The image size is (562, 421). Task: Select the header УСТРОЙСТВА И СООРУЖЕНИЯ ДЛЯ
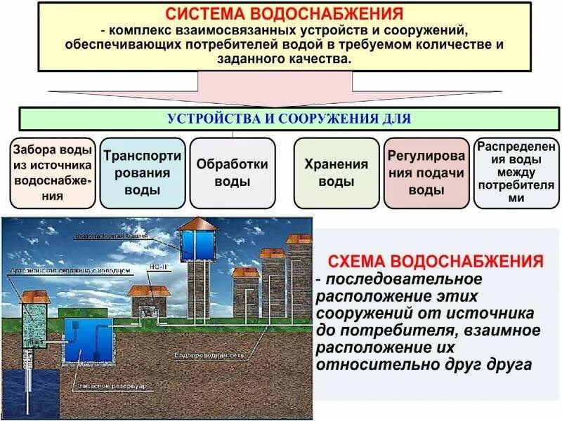coord(288,119)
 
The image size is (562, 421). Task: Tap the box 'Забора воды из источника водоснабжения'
coord(53,173)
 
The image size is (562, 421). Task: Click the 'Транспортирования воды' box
coord(142,173)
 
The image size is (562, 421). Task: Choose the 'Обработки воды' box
coord(232,173)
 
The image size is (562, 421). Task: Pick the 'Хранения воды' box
coord(336,173)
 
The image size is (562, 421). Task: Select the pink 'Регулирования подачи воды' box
coord(426,173)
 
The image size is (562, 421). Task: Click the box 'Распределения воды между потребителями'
coord(516,173)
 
